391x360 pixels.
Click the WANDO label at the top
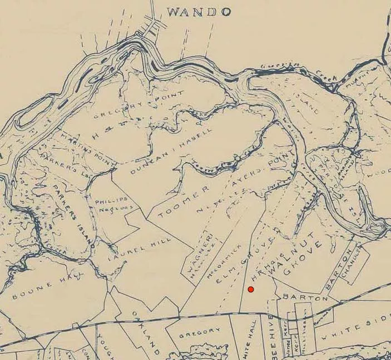pos(199,12)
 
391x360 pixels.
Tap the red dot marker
pos(251,289)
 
